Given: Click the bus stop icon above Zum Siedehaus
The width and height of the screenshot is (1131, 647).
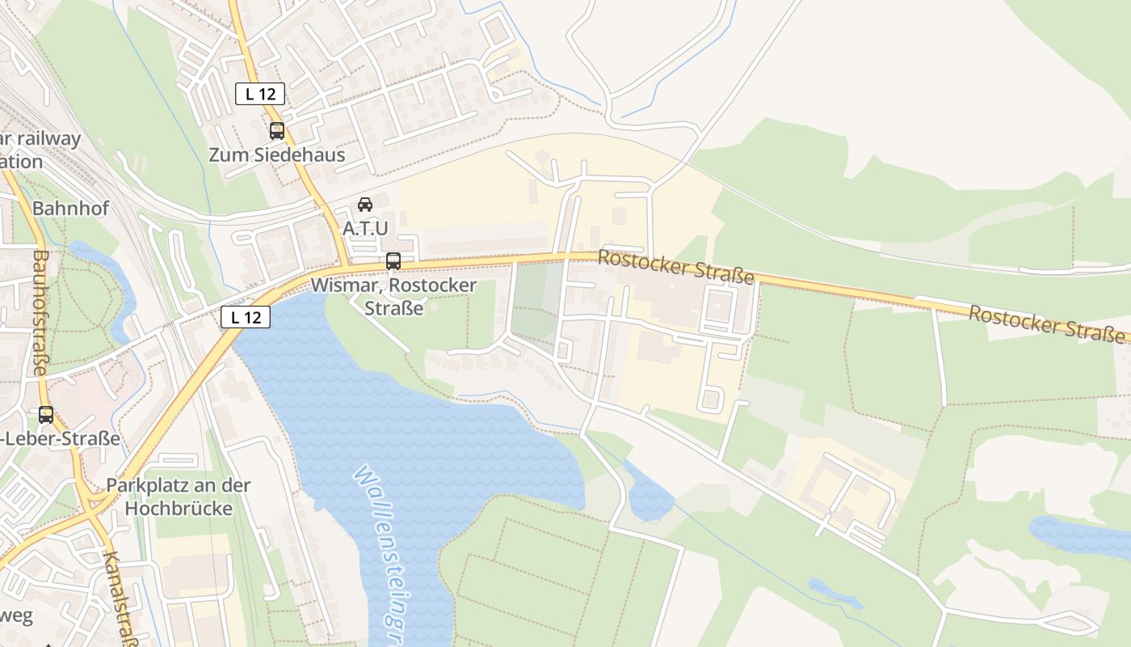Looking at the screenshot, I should tap(277, 130).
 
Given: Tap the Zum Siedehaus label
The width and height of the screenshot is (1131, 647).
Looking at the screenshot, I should tap(277, 154).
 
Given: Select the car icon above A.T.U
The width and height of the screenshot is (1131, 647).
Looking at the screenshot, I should tap(365, 205).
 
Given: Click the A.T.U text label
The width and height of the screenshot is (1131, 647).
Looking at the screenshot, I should tap(365, 228).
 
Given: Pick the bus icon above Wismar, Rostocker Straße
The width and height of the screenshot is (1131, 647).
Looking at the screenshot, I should tap(393, 261).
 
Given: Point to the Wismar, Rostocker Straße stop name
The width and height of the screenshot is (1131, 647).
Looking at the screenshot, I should tap(393, 297).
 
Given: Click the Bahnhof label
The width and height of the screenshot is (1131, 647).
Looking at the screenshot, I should tap(70, 209).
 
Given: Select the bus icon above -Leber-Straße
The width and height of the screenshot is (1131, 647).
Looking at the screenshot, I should tap(46, 415).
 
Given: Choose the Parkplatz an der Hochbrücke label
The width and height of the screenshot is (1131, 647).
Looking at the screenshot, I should tap(179, 497).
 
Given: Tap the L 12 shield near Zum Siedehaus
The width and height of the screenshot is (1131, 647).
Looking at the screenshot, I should tap(260, 94).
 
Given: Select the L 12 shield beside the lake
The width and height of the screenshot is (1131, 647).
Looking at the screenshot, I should tap(246, 317).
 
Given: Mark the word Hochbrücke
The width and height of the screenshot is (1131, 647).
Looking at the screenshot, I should tap(179, 509).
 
